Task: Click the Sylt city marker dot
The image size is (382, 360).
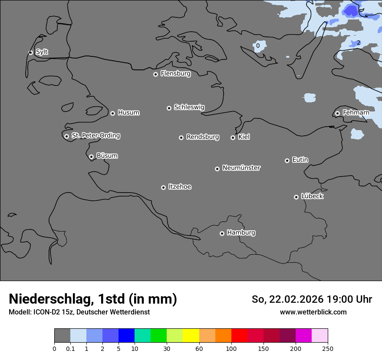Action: [x=30, y=52]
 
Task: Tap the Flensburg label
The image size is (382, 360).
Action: [x=175, y=74]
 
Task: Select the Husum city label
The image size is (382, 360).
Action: [x=128, y=113]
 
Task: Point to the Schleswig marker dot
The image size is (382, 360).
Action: [x=169, y=108]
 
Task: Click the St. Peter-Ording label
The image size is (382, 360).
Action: [x=95, y=136]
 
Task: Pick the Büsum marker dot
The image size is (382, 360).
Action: [x=91, y=157]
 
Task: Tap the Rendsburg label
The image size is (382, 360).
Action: [x=203, y=137]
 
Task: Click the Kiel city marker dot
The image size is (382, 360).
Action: [x=233, y=137]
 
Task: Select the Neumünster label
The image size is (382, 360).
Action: [x=241, y=168]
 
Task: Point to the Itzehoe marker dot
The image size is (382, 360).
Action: [x=163, y=187]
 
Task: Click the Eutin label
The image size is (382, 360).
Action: [x=300, y=160]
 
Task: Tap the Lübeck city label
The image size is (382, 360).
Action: [x=312, y=196]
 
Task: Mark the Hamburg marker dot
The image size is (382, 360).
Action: [x=222, y=233]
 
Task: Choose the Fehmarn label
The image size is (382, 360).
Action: [x=356, y=113]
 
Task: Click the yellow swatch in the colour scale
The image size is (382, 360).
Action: [x=191, y=336]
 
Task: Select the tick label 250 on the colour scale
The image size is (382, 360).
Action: [x=328, y=349]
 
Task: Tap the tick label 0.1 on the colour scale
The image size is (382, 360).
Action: [x=70, y=349]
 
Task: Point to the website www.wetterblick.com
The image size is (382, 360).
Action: [x=313, y=312]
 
